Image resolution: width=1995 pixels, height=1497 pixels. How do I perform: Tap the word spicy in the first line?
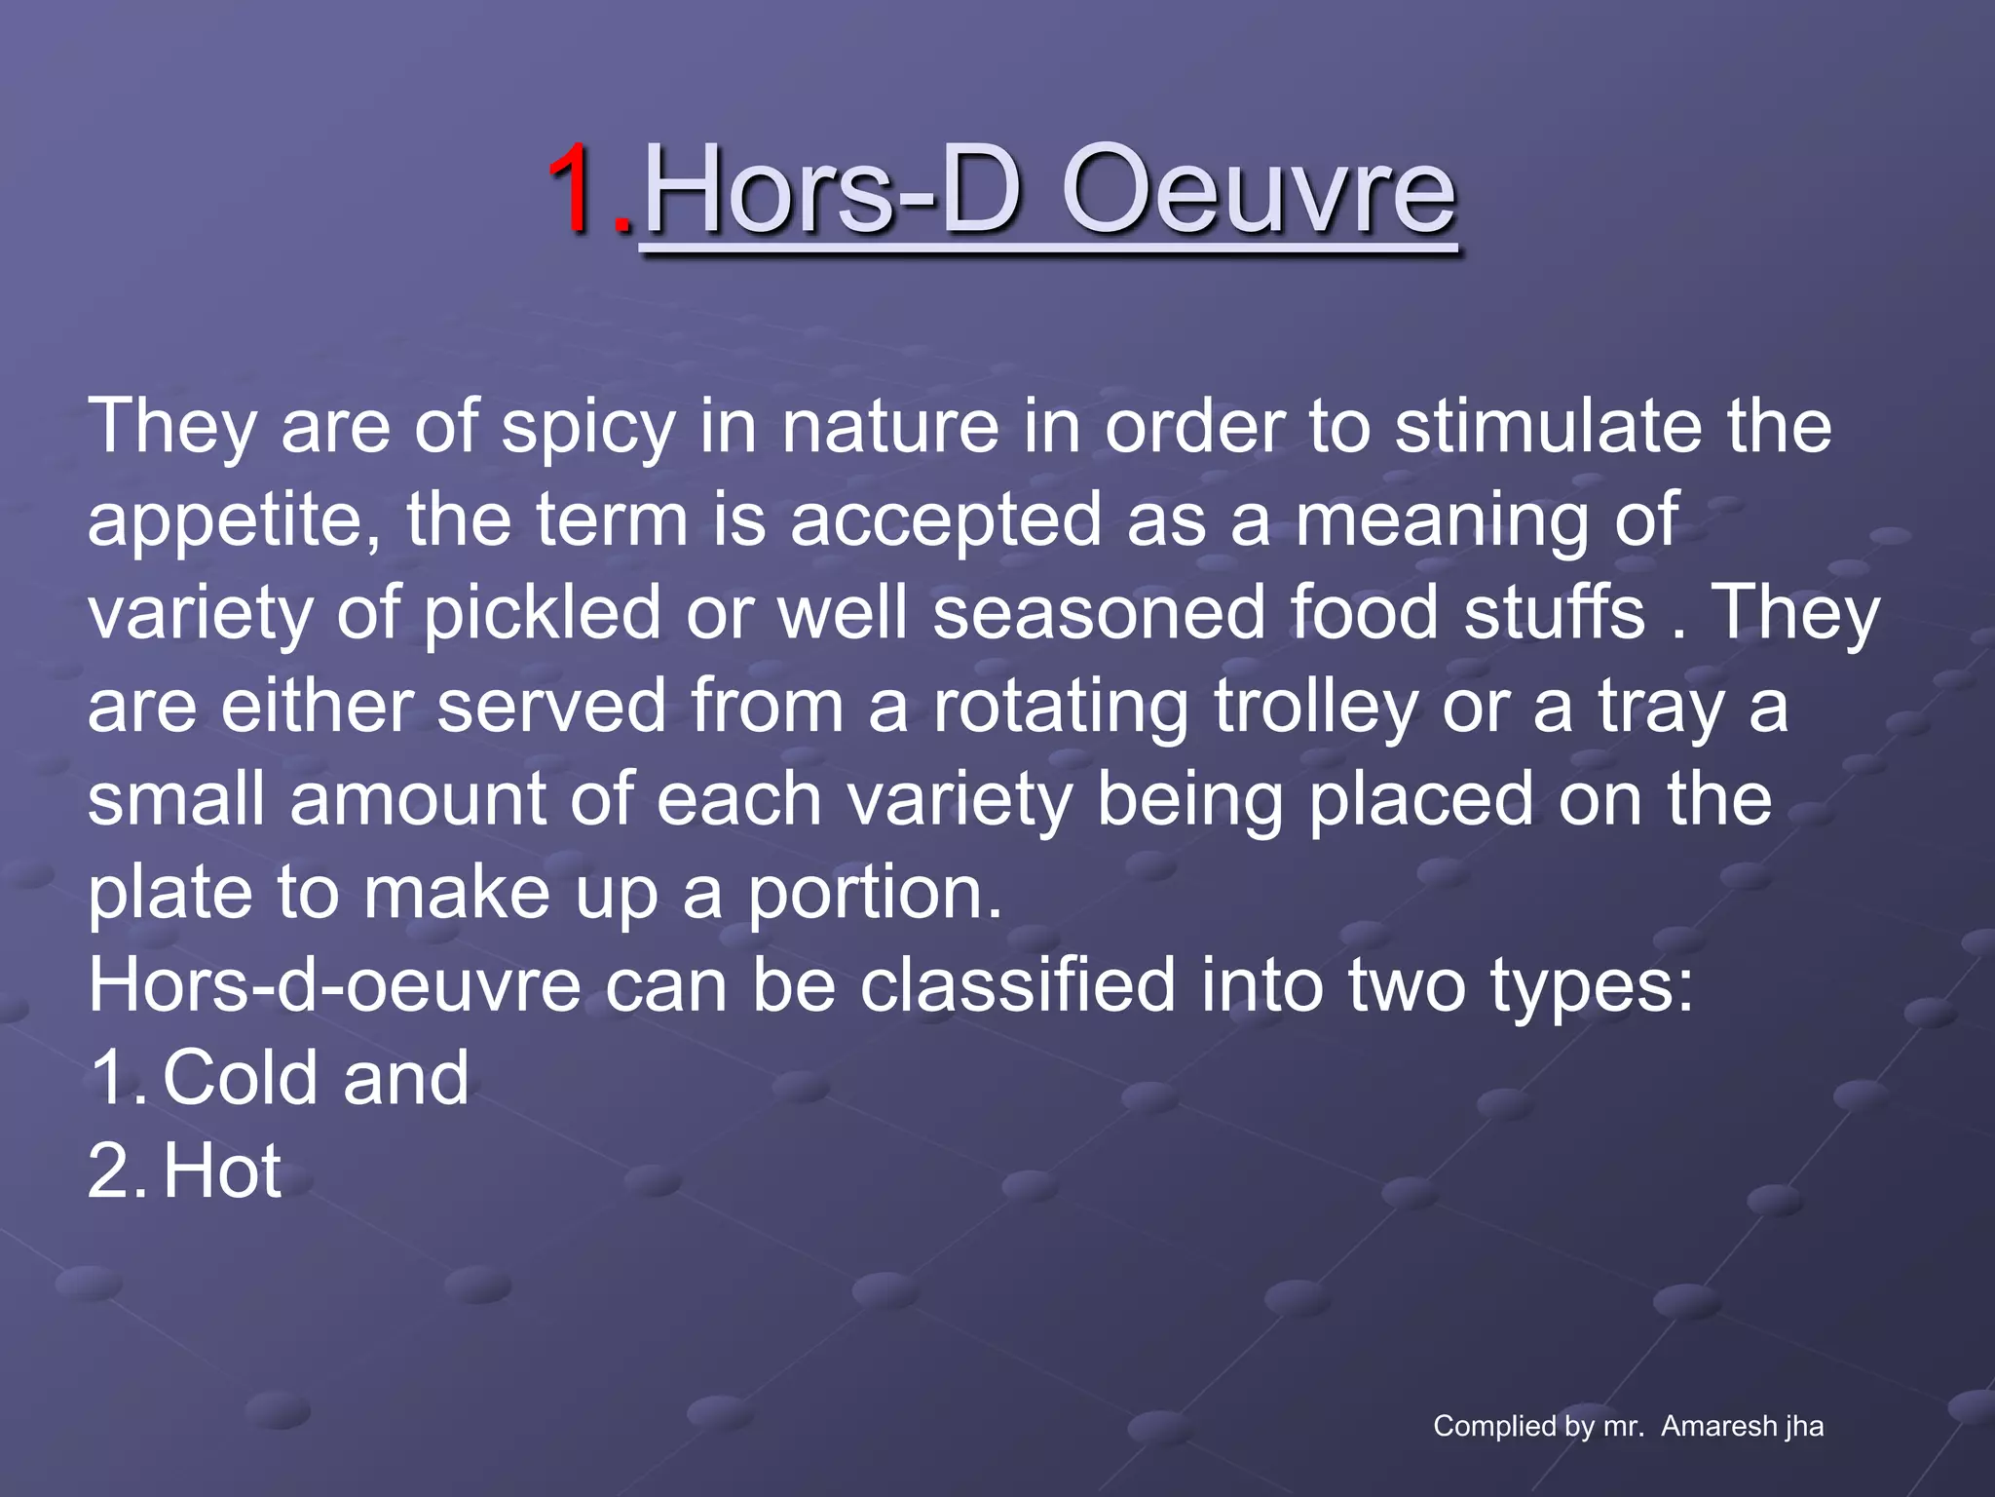pyautogui.click(x=587, y=429)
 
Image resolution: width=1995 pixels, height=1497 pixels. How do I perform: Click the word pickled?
pyautogui.click(x=542, y=613)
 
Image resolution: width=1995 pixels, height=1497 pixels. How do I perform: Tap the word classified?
pyautogui.click(x=1017, y=985)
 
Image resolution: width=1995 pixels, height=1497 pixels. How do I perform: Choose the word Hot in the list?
pyautogui.click(x=222, y=1171)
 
